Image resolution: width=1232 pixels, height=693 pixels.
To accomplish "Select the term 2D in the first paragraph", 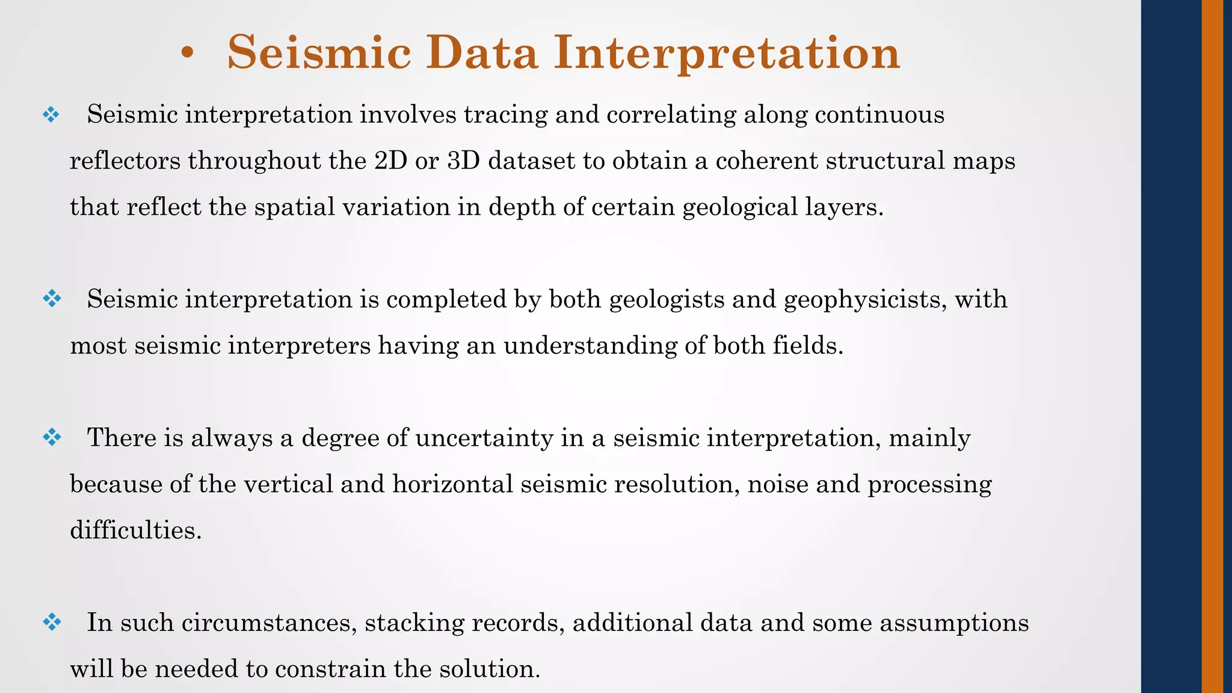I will pos(390,161).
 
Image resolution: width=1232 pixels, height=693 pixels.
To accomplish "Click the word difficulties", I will pos(135,531).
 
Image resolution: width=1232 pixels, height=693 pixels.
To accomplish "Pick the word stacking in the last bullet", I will pos(414,623).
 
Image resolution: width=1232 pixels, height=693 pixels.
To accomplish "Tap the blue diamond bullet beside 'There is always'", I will pos(52,437).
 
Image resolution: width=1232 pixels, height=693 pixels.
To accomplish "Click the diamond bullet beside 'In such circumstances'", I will pos(52,622).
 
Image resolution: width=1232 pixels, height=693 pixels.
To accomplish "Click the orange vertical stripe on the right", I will pos(1212,346).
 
